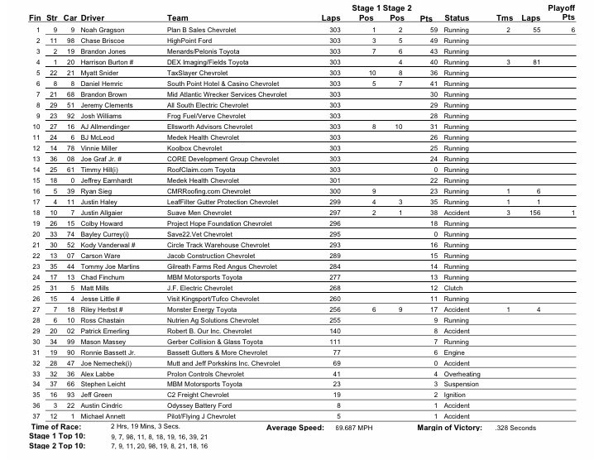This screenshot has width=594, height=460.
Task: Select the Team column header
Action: point(177,17)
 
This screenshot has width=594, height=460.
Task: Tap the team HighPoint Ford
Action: point(189,40)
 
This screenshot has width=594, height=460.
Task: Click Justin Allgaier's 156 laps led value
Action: point(535,213)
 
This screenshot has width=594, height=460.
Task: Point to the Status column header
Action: point(457,17)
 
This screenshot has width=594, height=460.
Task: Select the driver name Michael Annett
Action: point(103,417)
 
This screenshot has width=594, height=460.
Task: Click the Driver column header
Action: point(93,17)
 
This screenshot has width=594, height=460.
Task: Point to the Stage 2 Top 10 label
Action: point(58,446)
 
